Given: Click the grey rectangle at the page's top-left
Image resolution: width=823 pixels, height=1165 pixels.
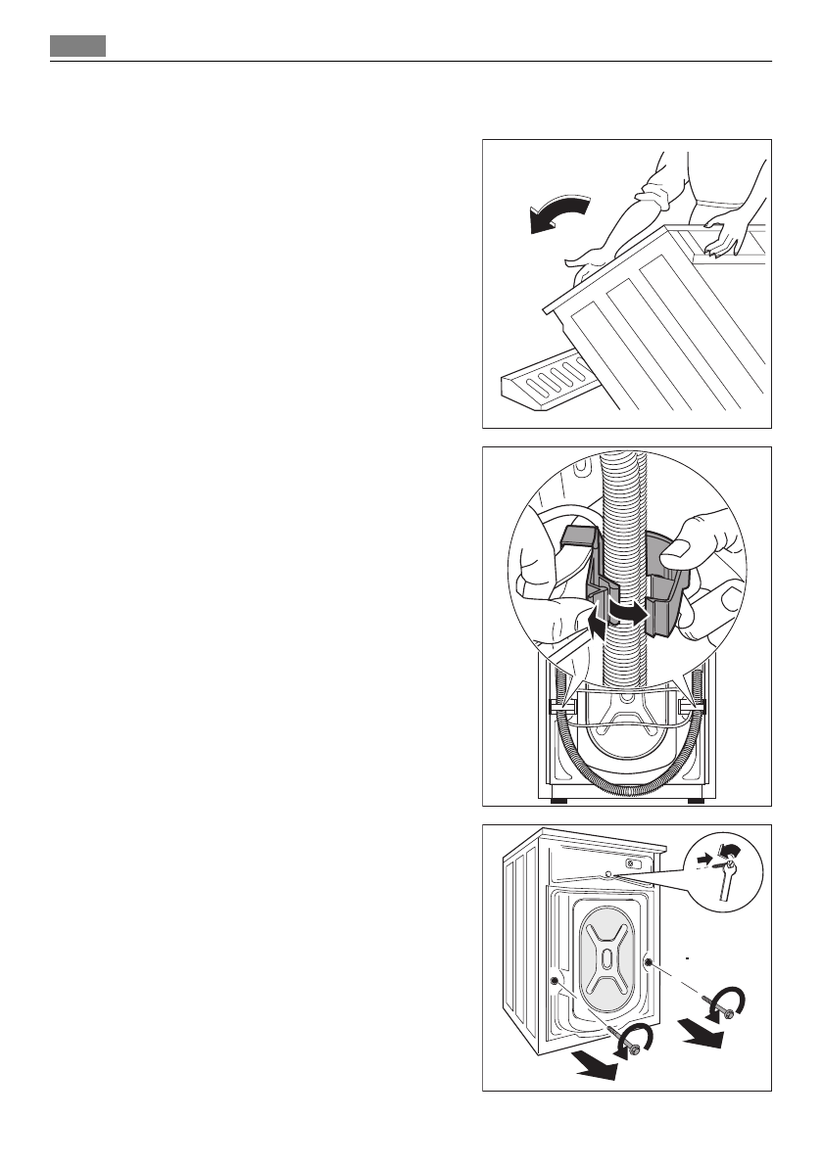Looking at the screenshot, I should [x=78, y=46].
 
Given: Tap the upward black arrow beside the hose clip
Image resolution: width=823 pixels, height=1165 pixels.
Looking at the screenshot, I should [x=596, y=626].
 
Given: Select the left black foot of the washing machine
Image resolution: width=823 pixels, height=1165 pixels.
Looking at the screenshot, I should [x=558, y=801].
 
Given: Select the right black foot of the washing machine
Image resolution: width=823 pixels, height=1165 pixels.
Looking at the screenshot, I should [x=695, y=801].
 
